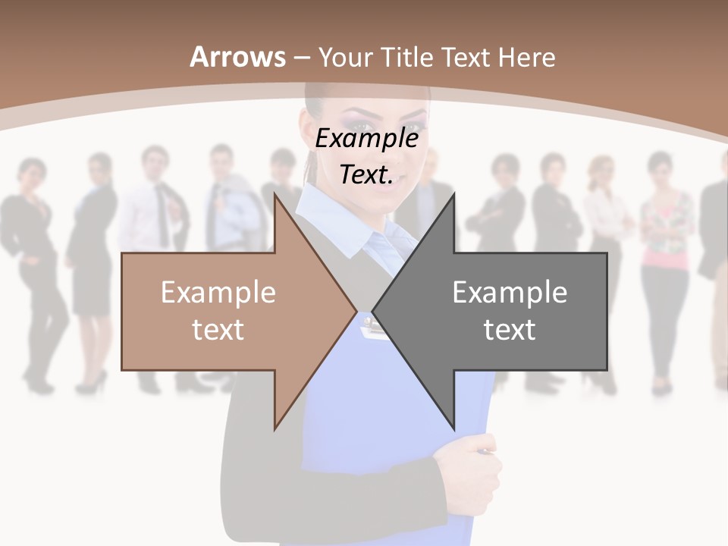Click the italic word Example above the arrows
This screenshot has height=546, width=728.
coord(366,138)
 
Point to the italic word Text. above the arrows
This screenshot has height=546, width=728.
coord(366,174)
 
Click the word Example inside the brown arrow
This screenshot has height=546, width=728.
coord(218,292)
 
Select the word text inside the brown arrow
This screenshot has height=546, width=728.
coord(218,329)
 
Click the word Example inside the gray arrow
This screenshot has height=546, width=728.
coord(510,292)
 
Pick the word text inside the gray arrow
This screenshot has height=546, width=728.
coord(510,329)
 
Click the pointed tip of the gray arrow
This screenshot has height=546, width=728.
coord(373,311)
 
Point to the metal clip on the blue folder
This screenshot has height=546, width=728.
coord(372,327)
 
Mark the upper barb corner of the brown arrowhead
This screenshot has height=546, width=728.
coord(275,195)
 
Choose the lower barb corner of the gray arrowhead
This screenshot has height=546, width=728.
coord(453,428)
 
